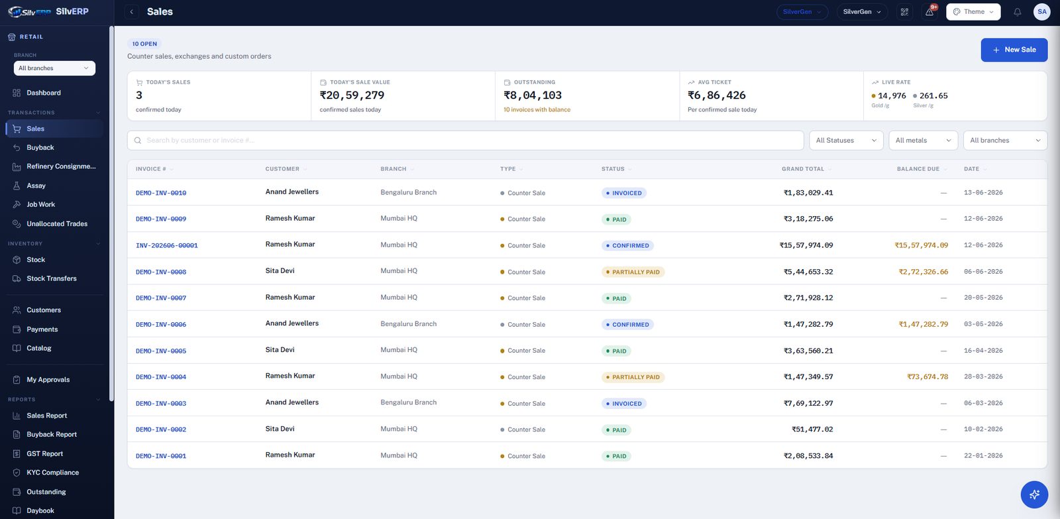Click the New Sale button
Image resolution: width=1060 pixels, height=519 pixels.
pos(1014,50)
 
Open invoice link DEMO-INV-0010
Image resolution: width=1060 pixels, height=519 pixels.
pos(161,193)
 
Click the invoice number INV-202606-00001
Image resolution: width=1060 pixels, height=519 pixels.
pos(166,245)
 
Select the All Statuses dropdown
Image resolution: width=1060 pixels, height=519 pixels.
pos(846,140)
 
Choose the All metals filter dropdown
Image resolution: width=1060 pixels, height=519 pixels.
pos(923,140)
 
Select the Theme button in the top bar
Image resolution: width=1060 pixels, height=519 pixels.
pos(973,12)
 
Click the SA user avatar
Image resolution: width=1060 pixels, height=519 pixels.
pos(1041,12)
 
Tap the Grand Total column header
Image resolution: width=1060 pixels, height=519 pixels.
pos(802,169)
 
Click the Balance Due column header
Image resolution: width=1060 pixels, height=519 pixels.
pos(918,169)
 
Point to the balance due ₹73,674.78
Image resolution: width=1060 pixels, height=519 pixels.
pos(927,377)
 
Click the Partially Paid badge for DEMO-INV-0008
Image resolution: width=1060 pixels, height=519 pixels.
pos(633,272)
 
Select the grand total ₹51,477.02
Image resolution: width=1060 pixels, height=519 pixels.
pos(812,430)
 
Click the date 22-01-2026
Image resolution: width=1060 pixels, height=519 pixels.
pos(983,455)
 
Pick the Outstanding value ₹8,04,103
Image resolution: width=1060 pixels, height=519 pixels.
pos(533,95)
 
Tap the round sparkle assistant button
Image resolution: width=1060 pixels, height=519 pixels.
pos(1034,494)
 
